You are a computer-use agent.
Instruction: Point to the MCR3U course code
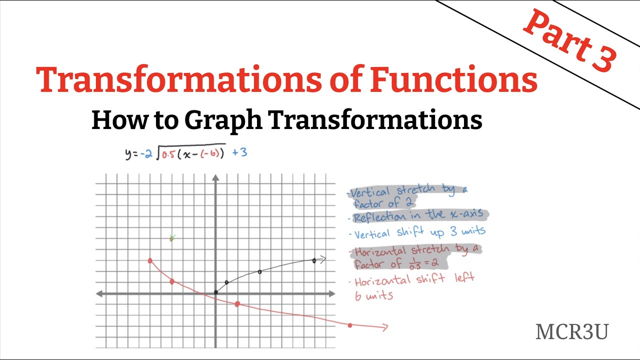(x=571, y=332)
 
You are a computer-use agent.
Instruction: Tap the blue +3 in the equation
(x=239, y=152)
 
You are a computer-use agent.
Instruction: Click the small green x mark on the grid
(x=172, y=238)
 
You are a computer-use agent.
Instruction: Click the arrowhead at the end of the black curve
(x=322, y=259)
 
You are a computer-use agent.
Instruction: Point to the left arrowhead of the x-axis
(x=99, y=293)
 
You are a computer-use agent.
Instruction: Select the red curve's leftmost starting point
(x=150, y=260)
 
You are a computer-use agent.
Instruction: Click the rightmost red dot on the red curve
(x=350, y=325)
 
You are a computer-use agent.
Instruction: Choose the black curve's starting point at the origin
(x=215, y=292)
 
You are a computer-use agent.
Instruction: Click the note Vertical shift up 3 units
(x=419, y=232)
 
